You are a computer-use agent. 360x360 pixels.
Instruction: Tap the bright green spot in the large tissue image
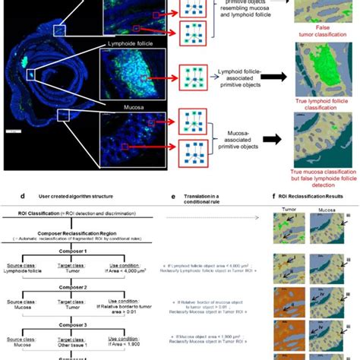24,58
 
